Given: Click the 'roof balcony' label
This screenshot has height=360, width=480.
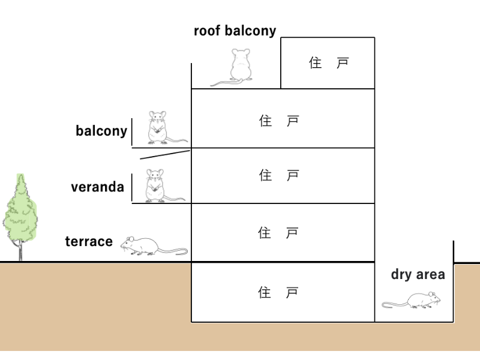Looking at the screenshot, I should (x=235, y=31).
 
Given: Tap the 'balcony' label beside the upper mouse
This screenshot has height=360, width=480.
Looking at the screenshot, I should (x=101, y=131).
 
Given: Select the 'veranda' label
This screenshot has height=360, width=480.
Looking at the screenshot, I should (x=97, y=187).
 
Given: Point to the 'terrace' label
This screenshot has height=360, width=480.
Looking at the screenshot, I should (x=89, y=241).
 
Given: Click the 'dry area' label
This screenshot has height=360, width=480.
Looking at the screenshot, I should (x=418, y=275).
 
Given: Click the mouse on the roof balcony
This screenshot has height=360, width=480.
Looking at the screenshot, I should (x=239, y=66).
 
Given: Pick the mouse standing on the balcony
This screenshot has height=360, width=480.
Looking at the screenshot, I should (x=158, y=127).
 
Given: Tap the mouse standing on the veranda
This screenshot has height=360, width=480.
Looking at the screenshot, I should (x=155, y=185).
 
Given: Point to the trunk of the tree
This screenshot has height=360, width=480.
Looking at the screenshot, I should (x=20, y=252).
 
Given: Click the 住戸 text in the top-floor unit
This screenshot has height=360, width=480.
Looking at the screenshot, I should (x=328, y=63).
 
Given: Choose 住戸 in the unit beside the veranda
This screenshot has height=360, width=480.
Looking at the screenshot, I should (x=278, y=175).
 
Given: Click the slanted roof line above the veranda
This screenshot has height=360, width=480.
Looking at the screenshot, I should (x=165, y=154).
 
